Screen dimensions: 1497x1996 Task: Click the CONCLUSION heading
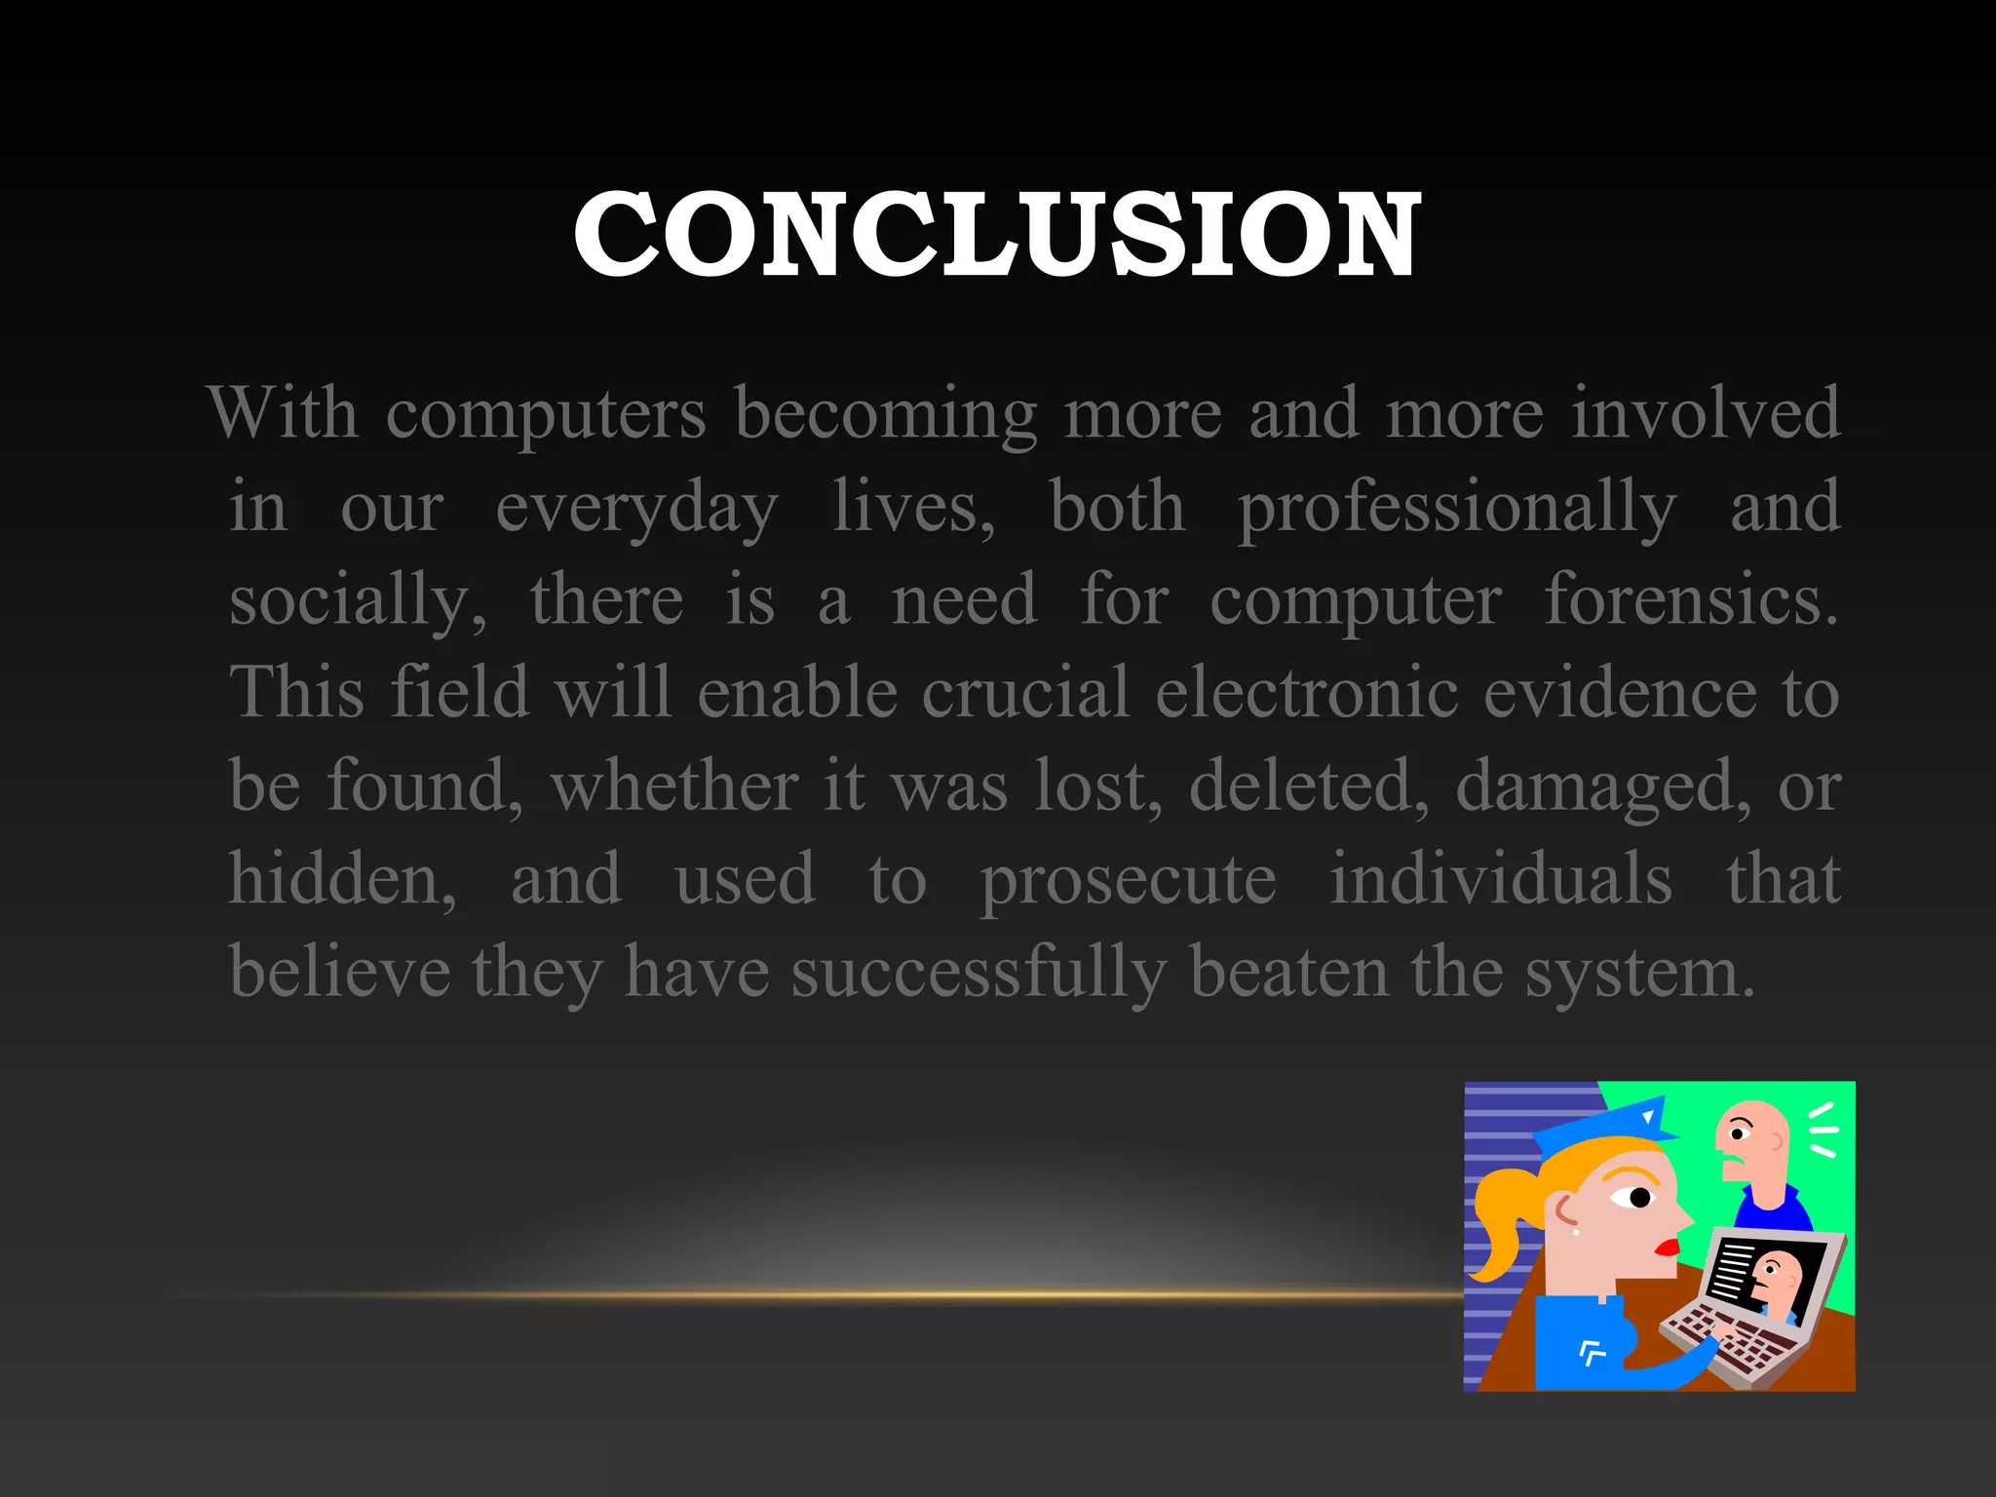(x=996, y=235)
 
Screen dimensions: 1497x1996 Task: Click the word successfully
(x=978, y=973)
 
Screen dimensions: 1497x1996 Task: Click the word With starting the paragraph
(x=283, y=413)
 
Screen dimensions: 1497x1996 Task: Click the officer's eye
(x=1639, y=1197)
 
